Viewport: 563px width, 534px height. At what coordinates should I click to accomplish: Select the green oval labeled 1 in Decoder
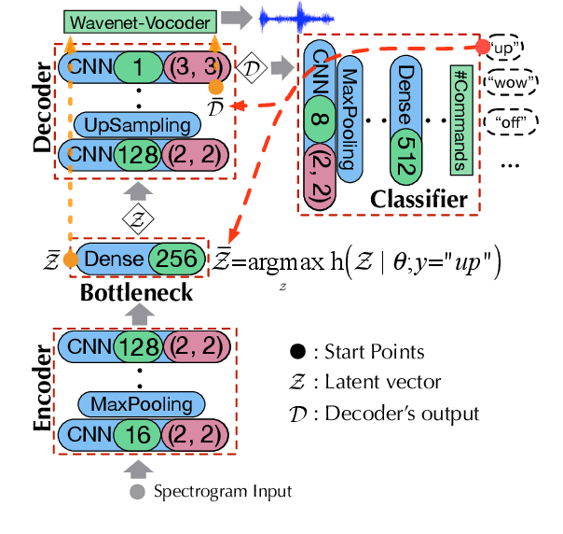click(x=137, y=66)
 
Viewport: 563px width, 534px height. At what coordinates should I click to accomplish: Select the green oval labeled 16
click(x=138, y=434)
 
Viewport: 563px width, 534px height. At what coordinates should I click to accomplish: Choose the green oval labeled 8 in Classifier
click(x=318, y=119)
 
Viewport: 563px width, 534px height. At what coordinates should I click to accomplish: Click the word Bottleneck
click(x=138, y=292)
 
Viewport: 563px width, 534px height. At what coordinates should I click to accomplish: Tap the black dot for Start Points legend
click(x=295, y=352)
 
